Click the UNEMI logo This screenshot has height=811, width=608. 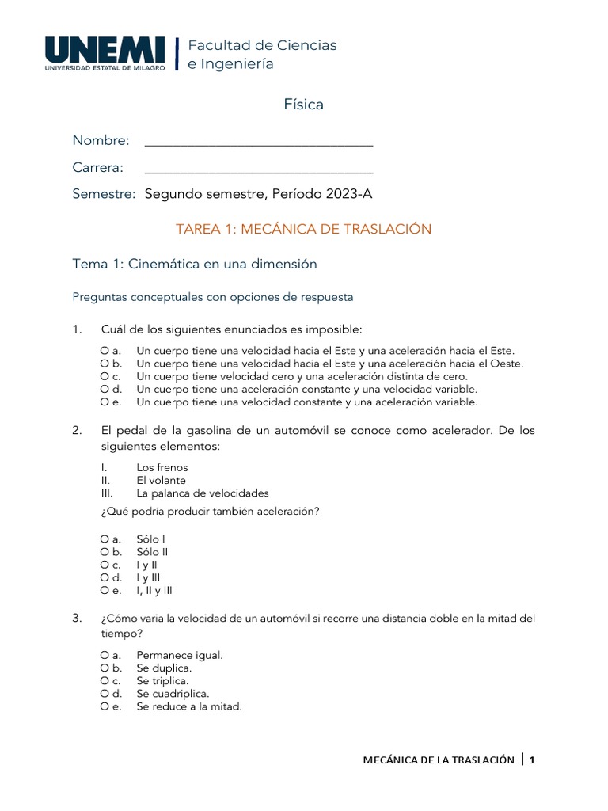tap(105, 53)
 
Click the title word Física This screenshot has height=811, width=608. tap(304, 105)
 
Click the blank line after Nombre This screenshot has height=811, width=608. tap(259, 144)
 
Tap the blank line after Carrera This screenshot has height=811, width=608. tap(259, 171)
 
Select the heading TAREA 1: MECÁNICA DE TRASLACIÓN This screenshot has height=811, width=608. tap(303, 229)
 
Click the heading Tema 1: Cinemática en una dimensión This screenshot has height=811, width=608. tap(195, 264)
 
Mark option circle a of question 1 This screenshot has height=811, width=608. tap(104, 350)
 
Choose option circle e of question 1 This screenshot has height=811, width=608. tap(104, 402)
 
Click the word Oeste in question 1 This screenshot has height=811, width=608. tap(507, 364)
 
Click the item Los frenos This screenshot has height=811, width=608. tap(162, 467)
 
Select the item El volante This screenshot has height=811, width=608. tap(161, 480)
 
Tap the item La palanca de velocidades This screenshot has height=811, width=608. tap(203, 493)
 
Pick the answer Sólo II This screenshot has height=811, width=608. tap(153, 551)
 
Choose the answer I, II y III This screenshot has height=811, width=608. tap(154, 590)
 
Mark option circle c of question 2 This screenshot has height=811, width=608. tap(104, 565)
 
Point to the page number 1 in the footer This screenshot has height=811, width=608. tap(533, 760)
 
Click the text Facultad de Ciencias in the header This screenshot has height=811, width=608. tap(262, 45)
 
